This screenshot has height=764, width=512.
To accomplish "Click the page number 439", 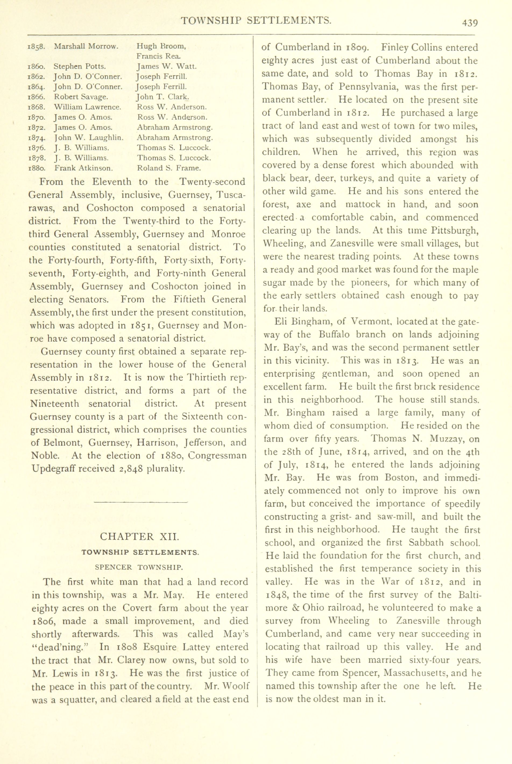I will [x=470, y=23].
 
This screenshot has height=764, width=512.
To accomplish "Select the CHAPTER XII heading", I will [x=139, y=536].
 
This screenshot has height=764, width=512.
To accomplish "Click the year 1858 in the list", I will [x=36, y=47].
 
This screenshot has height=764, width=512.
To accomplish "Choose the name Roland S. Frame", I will [x=169, y=168].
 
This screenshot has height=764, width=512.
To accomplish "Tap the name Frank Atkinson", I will [x=84, y=168].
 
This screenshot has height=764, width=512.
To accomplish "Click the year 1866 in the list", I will [x=36, y=97].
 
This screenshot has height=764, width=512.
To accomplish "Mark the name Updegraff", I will [x=52, y=469].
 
